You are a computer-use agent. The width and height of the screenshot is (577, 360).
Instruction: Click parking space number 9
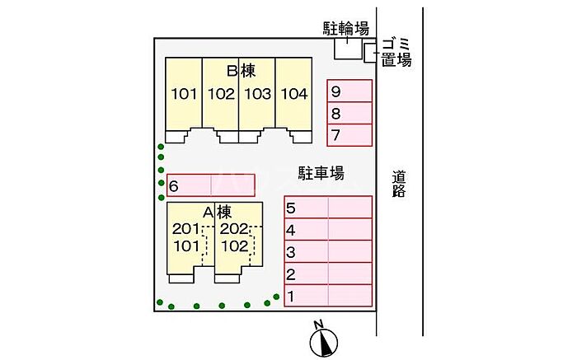349,91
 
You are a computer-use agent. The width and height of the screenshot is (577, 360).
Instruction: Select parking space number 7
349,135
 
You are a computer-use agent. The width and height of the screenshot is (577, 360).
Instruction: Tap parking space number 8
349,113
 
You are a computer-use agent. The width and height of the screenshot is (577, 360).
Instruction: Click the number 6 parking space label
173,186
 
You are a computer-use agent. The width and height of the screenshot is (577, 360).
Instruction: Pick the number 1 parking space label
291,297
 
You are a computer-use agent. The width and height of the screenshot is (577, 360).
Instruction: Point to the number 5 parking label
291,208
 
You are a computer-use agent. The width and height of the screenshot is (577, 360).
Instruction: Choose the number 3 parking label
291,252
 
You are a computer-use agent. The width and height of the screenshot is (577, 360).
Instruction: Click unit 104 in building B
293,94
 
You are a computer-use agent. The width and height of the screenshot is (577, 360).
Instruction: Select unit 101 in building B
184,94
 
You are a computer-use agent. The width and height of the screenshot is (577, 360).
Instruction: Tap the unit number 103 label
257,94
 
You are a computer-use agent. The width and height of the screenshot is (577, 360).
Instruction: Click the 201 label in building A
185,229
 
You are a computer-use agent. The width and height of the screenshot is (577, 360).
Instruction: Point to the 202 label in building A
234,229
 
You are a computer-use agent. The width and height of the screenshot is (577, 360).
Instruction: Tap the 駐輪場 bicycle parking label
346,28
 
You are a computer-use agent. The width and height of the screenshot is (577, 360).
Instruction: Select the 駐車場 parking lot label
321,173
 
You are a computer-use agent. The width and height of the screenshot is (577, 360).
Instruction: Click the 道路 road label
398,185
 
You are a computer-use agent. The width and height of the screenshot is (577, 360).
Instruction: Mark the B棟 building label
241,71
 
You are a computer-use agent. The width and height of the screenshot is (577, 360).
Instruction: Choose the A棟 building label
217,213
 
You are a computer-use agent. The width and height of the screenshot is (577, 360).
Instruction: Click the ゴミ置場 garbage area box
370,53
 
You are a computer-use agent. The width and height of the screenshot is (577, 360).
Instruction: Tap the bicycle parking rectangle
348,49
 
